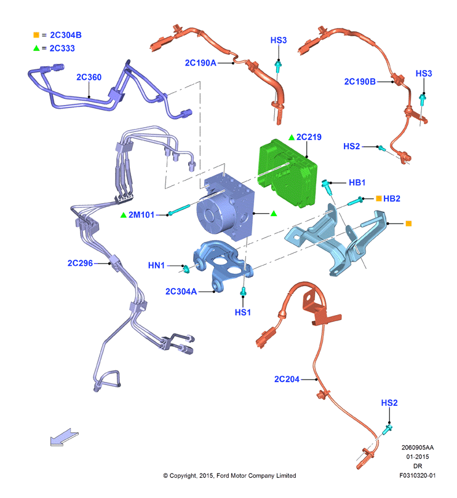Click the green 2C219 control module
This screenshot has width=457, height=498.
287,173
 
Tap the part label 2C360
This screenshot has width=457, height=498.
89,77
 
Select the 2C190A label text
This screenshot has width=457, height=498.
201,63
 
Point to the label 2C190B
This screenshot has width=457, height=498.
360,82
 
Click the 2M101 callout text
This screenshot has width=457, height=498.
141,215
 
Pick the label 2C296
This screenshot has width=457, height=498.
80,263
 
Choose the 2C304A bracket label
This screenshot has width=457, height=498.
181,291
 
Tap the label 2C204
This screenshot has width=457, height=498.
287,379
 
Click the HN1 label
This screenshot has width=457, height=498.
156,265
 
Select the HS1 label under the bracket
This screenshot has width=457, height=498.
243,312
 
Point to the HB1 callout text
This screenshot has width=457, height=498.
357,182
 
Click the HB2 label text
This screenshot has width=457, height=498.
391,198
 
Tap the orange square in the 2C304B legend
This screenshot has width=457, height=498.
36,35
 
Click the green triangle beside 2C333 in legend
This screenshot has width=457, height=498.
36,48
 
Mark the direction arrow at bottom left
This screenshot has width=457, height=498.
64,437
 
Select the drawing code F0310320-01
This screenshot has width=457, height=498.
418,475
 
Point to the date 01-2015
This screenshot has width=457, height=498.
418,457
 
